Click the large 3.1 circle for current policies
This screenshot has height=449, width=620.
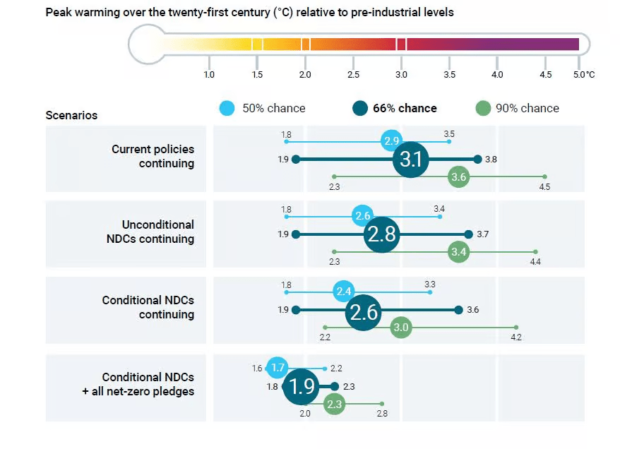[411, 159]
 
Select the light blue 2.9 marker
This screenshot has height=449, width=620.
[391, 141]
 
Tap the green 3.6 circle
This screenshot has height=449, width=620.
[459, 176]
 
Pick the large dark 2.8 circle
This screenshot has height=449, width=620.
[382, 234]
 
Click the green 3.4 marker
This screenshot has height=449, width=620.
[459, 252]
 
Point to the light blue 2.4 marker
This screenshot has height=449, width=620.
[344, 292]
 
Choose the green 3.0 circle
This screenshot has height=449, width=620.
[401, 328]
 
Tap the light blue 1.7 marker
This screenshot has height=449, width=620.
[278, 368]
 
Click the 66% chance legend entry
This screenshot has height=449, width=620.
[395, 108]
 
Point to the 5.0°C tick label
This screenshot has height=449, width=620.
[583, 75]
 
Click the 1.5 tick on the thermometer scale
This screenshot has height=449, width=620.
[257, 75]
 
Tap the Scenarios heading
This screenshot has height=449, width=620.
[71, 115]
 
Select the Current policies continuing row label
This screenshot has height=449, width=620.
[153, 156]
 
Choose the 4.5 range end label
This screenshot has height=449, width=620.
[544, 187]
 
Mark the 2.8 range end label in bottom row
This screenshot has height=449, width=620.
[381, 414]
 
